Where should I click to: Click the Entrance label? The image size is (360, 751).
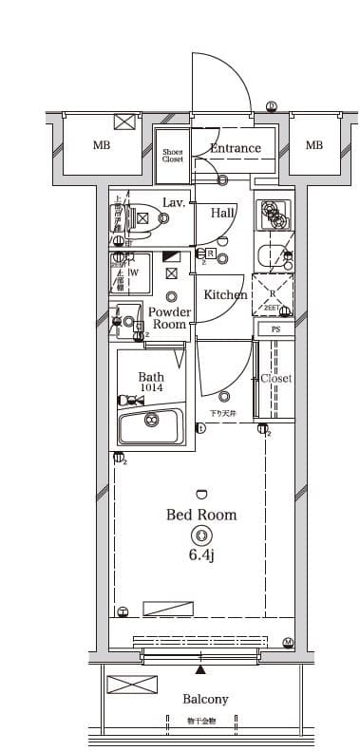point(235,148)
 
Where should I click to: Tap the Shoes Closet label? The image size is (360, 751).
point(172,156)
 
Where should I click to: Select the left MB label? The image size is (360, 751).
point(102,145)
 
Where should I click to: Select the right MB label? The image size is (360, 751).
point(313,145)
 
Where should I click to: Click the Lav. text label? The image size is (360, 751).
point(174,202)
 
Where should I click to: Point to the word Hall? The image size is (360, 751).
point(223,213)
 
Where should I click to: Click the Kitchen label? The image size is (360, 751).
point(225,294)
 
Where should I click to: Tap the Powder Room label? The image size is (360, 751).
point(170,318)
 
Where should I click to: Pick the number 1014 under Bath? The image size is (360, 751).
point(151,388)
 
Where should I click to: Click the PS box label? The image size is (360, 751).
point(275,329)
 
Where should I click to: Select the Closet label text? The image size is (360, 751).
point(276,378)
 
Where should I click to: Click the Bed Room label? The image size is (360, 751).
point(201,515)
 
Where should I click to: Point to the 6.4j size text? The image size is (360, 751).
point(201,554)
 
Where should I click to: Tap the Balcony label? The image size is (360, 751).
point(205,699)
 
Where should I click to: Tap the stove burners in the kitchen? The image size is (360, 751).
point(275,215)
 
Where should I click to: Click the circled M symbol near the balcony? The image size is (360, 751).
point(288,643)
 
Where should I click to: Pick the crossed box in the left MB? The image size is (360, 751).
point(125,121)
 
